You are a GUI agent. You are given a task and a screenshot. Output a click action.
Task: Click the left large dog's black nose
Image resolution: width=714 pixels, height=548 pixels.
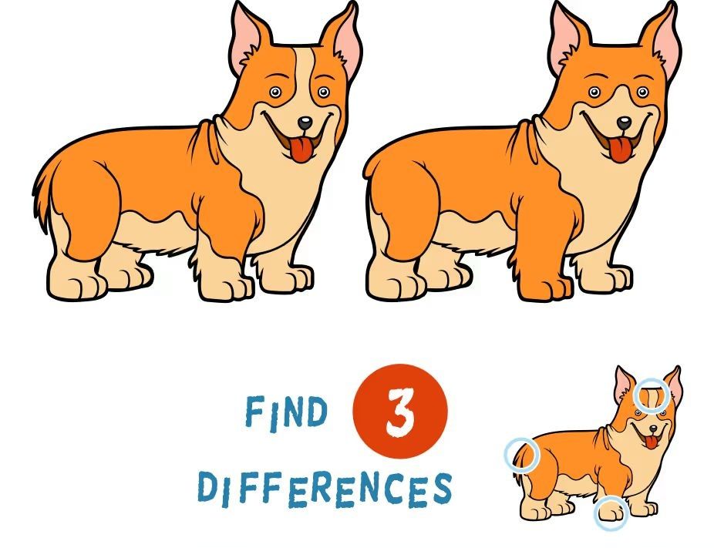point(305,123)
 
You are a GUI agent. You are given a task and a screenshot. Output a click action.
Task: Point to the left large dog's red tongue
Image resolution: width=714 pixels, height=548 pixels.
point(300,150)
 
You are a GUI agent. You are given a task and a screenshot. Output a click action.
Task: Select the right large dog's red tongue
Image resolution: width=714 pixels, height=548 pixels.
point(619,150)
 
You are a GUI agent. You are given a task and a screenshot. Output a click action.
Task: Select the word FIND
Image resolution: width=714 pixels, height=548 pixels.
point(286,412)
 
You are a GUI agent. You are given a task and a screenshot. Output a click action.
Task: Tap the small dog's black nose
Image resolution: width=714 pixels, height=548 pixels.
point(653,429)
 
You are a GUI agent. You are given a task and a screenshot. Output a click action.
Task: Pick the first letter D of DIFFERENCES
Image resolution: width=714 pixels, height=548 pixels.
point(207,487)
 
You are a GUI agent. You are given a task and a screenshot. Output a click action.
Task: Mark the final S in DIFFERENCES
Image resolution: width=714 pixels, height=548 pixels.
point(442,488)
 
